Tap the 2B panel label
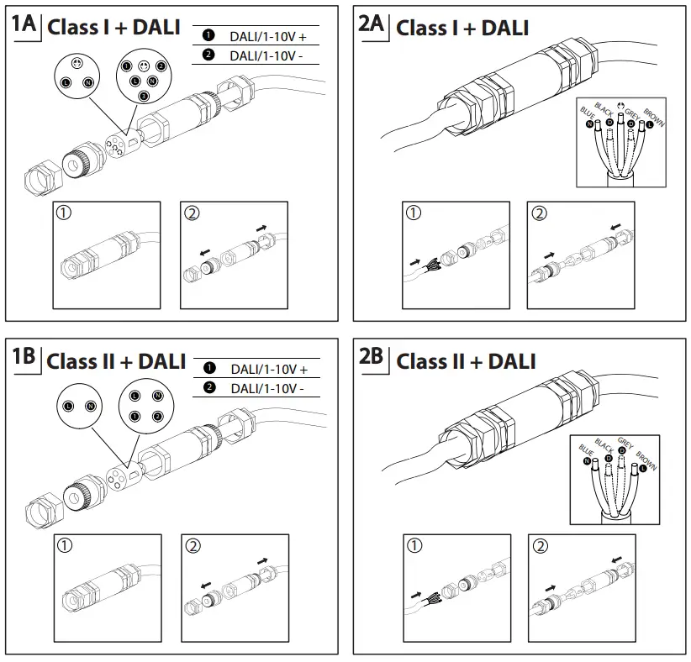coord(372,357)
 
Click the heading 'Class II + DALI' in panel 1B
coord(116,361)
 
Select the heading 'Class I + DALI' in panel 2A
coord(462,28)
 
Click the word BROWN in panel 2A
coord(654,118)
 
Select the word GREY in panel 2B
coord(625,442)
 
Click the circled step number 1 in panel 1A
coord(64,213)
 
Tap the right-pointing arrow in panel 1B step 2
coord(263,560)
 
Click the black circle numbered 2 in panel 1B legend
coord(209,387)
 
